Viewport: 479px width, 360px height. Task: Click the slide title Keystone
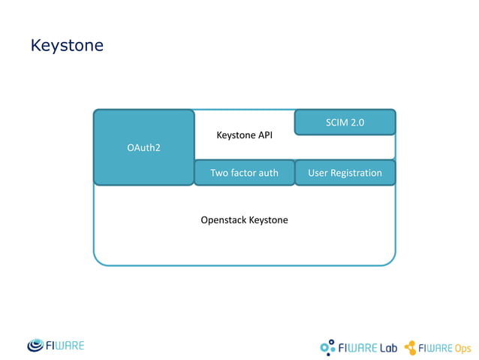coord(67,46)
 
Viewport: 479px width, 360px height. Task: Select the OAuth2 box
coord(143,147)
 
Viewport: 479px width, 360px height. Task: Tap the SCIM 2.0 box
coord(345,123)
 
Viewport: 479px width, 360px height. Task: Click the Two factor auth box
coord(244,173)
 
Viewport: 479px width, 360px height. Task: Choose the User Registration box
coord(345,173)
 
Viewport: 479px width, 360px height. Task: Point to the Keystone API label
coord(244,135)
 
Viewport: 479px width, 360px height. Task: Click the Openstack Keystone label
coord(244,220)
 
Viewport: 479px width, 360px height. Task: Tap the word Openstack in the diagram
coord(223,220)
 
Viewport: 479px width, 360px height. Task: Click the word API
coord(264,135)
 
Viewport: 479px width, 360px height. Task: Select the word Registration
coord(357,173)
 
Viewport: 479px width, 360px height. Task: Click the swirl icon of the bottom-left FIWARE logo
coord(38,346)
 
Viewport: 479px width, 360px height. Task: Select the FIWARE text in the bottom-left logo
coord(68,346)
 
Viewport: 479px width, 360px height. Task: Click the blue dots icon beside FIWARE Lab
coord(328,346)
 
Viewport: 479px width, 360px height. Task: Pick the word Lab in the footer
coord(387,347)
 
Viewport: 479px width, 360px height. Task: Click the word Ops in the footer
coord(462,348)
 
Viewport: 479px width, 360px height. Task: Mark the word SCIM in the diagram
coord(336,123)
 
